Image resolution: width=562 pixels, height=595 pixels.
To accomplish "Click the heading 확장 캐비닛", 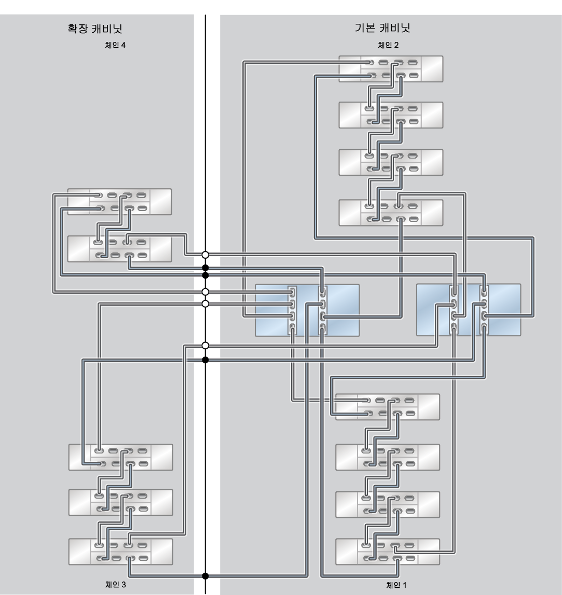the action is (x=94, y=29).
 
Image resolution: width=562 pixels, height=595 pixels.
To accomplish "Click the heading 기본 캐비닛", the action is (x=382, y=27).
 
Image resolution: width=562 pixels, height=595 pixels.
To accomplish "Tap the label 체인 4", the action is (x=115, y=45).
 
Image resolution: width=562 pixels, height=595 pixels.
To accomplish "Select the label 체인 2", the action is (x=388, y=45).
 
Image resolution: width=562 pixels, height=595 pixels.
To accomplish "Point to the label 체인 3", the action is (x=116, y=585).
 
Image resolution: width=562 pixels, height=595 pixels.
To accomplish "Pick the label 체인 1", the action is (x=396, y=585).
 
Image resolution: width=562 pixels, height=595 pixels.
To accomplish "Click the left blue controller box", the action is (x=307, y=310).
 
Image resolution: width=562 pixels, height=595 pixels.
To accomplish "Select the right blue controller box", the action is (x=469, y=309).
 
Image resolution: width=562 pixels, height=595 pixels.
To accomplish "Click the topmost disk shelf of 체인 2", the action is (x=391, y=69).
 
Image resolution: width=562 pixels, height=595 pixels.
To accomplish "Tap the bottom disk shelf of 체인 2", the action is (x=391, y=213).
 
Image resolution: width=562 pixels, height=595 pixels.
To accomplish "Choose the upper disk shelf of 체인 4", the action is (x=120, y=202).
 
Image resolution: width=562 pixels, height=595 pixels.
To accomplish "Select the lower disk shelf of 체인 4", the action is (x=120, y=249).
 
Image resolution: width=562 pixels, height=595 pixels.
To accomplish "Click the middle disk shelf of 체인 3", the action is (x=121, y=502).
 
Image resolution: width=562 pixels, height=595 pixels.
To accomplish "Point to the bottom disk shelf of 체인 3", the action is (x=121, y=552).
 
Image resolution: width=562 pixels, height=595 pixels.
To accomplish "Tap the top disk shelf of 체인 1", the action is (x=388, y=407).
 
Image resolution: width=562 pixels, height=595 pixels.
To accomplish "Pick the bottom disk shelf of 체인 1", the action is (x=388, y=552).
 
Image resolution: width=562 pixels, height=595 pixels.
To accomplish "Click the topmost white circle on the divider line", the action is (x=205, y=254).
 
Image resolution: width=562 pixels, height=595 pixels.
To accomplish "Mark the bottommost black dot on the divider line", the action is (x=205, y=576).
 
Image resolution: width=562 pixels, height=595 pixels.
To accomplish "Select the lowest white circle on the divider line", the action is (x=205, y=345).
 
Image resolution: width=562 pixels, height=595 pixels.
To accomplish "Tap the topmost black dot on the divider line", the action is (x=205, y=268).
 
